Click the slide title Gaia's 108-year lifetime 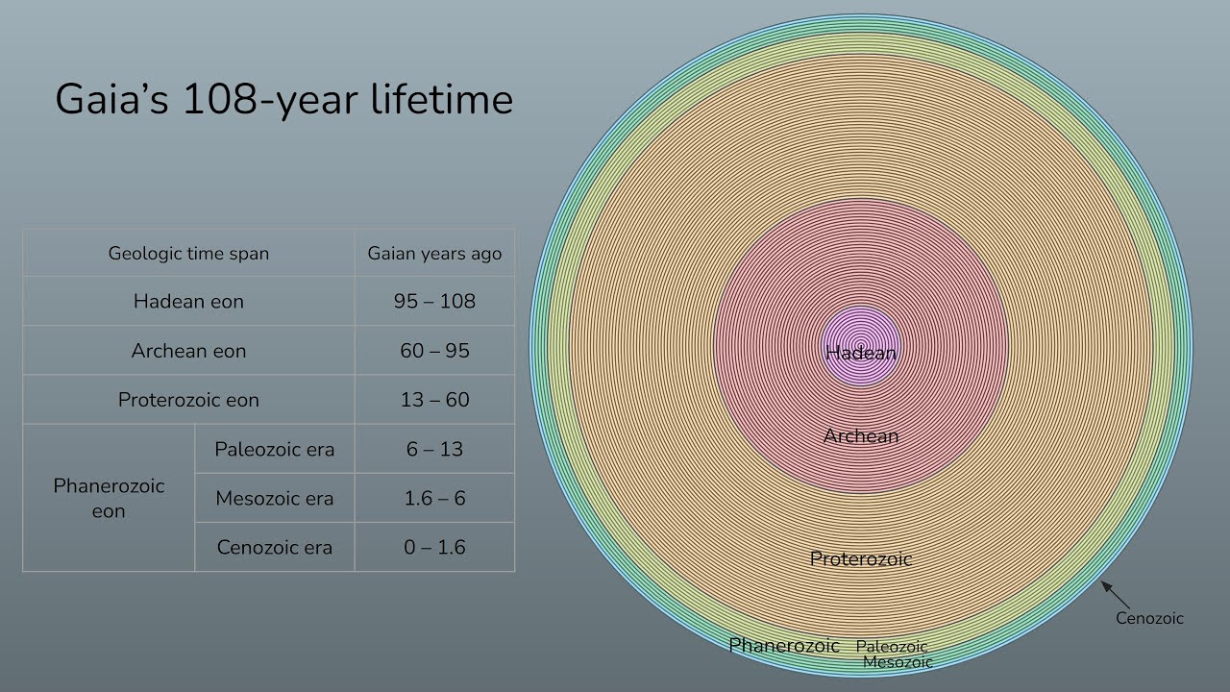coord(283,100)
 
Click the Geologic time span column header coord(188,254)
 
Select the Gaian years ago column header coord(434,254)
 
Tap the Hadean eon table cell coord(188,302)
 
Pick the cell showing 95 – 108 coord(434,302)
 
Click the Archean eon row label coord(188,351)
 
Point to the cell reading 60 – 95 coord(434,351)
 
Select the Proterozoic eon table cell coord(188,400)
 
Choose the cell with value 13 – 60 coord(434,400)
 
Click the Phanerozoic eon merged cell coord(109,498)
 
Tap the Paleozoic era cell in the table coord(275,449)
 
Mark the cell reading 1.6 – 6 coord(434,498)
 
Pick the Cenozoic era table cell coord(275,547)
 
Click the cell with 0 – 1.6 coord(434,547)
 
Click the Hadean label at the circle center coord(861,353)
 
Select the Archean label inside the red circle coord(861,436)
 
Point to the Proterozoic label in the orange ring coord(861,558)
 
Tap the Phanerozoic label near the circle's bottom coord(784,646)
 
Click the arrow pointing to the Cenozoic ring coord(1114,592)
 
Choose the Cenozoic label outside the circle coord(1149,619)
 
